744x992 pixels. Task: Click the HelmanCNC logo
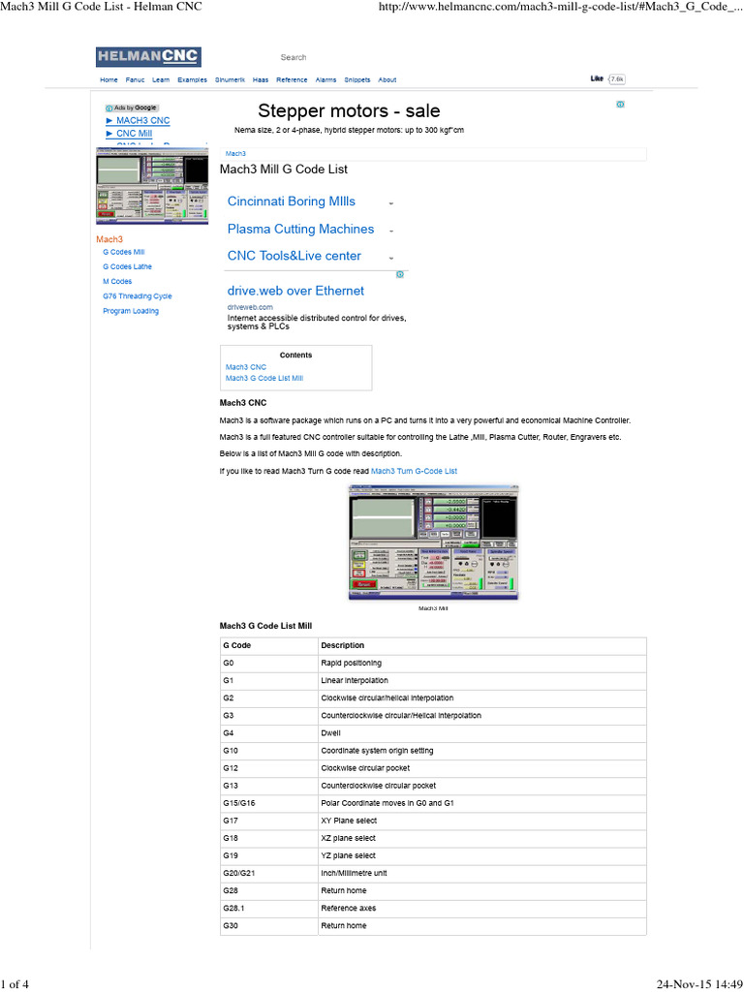(148, 57)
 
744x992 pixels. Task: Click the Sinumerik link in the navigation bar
(230, 80)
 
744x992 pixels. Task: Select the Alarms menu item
(326, 80)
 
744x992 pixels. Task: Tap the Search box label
(294, 58)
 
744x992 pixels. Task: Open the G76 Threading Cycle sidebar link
(137, 296)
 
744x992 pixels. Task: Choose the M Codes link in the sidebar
(117, 281)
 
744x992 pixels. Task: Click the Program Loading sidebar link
(131, 311)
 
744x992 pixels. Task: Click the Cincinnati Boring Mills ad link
(291, 201)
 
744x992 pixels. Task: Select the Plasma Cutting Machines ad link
(300, 230)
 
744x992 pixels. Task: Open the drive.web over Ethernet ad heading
(295, 291)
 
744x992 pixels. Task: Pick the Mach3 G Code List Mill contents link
(264, 378)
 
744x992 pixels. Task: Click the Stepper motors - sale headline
(349, 111)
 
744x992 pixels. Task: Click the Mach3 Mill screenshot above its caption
(433, 542)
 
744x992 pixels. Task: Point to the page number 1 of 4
(15, 985)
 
